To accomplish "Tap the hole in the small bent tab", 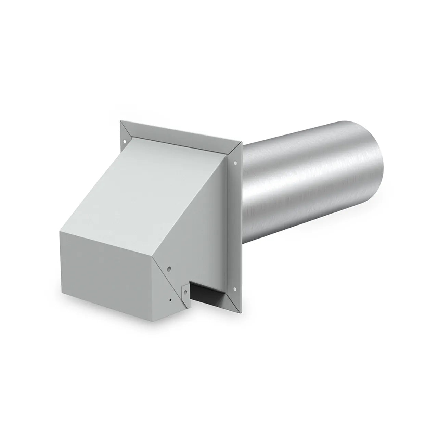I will coord(185,292).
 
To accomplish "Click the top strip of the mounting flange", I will coord(181,137).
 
